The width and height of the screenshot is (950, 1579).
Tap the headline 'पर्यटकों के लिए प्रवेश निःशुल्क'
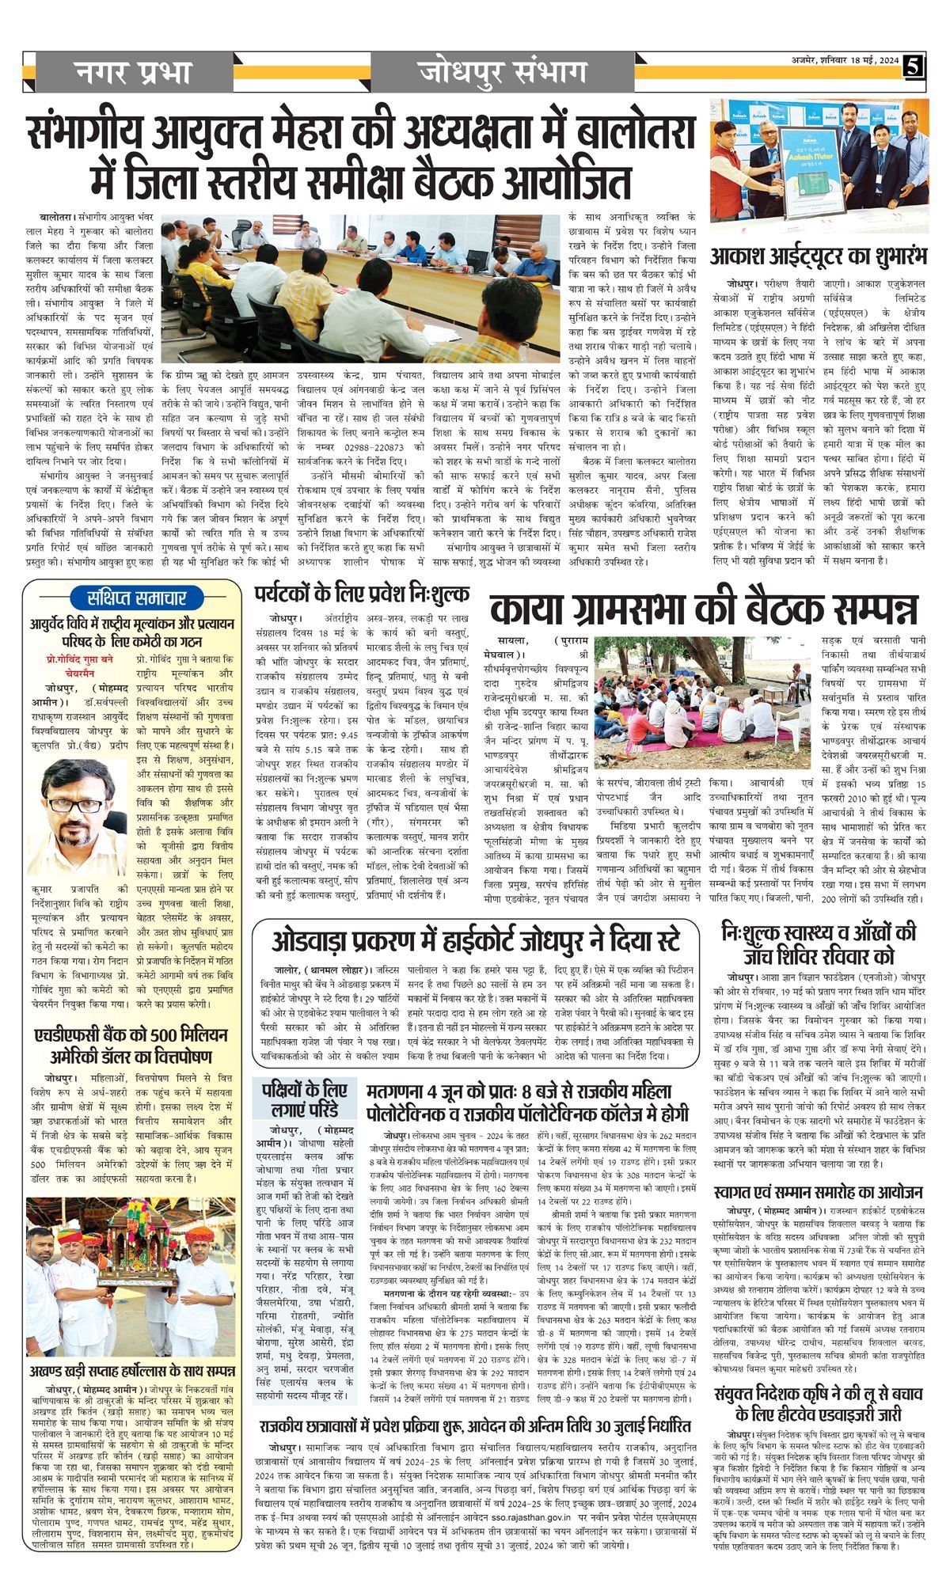coord(362,594)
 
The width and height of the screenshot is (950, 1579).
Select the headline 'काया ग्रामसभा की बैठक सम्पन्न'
coord(703,609)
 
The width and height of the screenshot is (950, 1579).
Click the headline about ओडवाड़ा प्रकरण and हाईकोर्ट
coord(475,940)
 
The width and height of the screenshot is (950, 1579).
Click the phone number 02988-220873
coord(370,469)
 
